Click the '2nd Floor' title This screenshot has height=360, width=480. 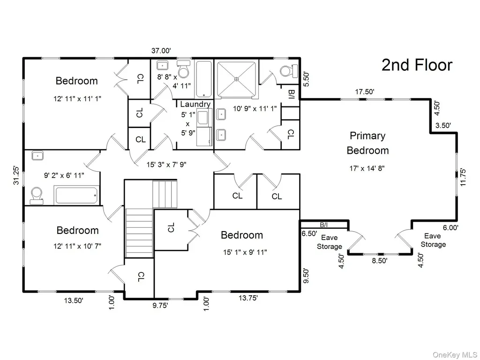coord(417,65)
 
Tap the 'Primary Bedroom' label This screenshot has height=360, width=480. coord(367,143)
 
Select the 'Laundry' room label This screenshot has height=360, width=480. coord(195,105)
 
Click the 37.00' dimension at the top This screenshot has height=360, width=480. coord(161,51)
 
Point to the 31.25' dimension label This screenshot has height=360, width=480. coord(16,175)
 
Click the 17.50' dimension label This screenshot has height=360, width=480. coord(365,91)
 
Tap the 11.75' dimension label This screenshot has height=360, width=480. coord(463,177)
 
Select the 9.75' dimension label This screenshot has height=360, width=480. coord(160,305)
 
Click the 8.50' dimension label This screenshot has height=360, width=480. coord(380,261)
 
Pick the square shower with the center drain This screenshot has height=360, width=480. coord(236,79)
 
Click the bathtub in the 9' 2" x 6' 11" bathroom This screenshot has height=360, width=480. coord(77,195)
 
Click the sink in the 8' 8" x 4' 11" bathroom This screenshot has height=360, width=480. coord(162,66)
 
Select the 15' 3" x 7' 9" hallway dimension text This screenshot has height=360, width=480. coord(166,165)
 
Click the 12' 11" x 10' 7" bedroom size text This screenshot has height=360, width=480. coord(77,246)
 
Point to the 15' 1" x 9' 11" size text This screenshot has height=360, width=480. coord(245,252)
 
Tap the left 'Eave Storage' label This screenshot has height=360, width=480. coord(330,242)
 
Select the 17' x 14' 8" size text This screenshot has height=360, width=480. coord(367,168)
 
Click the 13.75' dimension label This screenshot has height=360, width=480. coord(248,298)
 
